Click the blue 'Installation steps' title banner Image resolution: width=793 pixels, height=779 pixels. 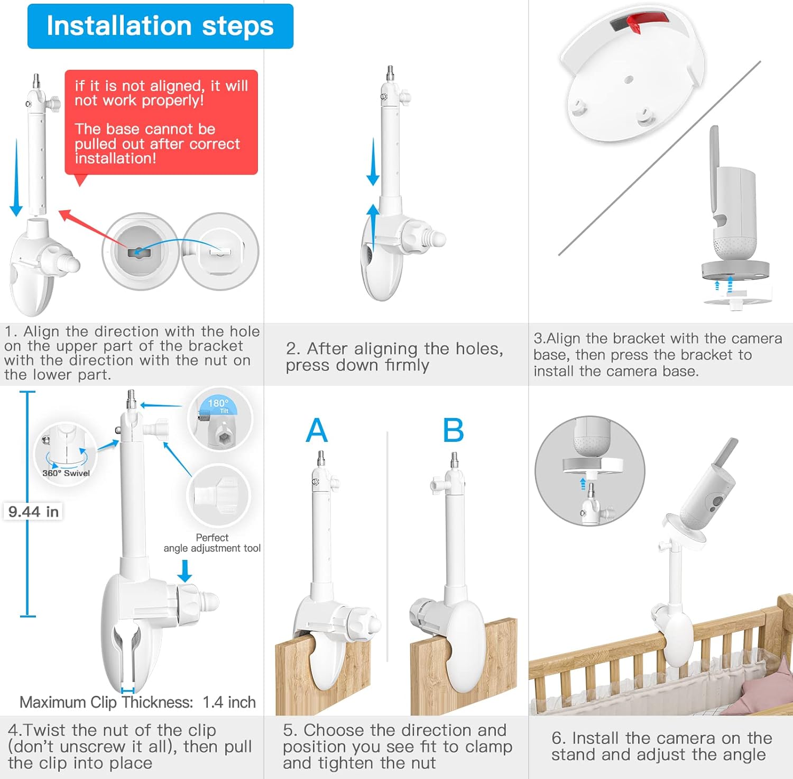coord(160,26)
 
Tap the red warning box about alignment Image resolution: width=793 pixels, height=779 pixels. coord(161,122)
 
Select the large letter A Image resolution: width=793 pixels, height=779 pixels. coord(317,430)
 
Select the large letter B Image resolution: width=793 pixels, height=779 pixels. coord(453,430)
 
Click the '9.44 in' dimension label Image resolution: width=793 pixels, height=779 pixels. coord(33,512)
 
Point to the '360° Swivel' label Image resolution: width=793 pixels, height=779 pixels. coord(66,473)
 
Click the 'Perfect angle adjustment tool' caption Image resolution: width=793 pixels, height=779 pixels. coord(212,543)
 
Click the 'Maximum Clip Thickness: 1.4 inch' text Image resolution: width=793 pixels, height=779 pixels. coord(137,702)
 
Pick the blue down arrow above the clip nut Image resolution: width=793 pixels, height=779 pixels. coord(185,570)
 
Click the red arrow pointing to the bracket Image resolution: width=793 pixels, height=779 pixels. coord(93,229)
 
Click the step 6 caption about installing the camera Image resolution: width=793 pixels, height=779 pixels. coord(658,746)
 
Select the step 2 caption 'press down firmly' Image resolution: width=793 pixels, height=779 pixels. coord(357,365)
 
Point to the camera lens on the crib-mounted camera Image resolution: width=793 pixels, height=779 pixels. coord(717,501)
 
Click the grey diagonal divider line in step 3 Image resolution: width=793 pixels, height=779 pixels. coord(660,158)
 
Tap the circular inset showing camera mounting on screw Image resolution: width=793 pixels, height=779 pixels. coord(589,471)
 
